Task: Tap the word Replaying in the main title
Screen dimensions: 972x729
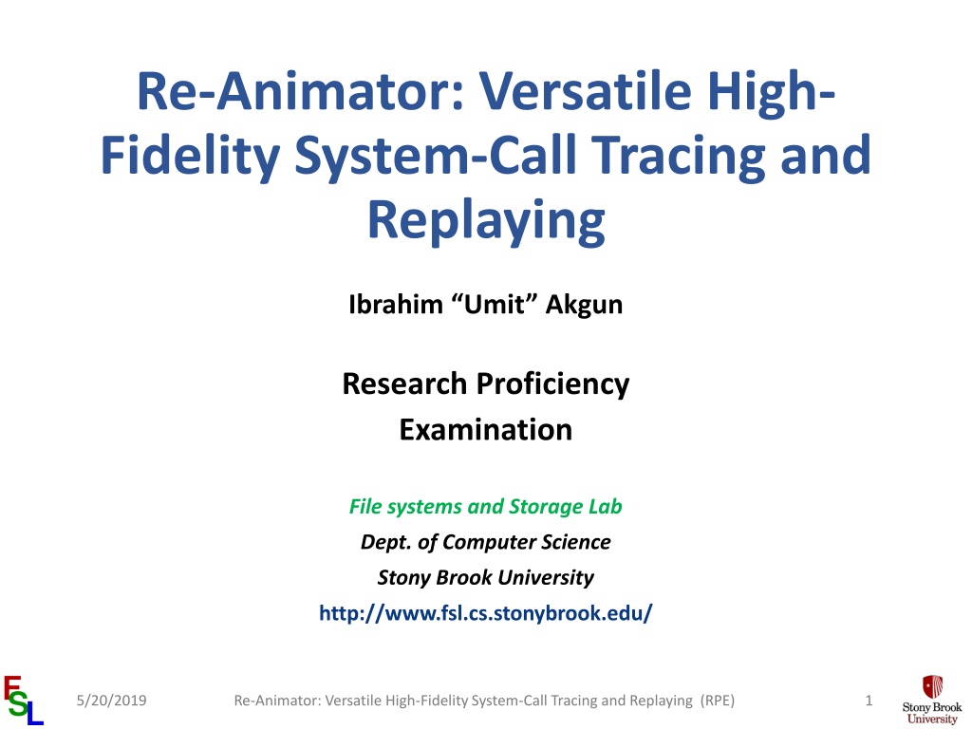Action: tap(486, 222)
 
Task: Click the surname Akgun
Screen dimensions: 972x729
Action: tap(584, 305)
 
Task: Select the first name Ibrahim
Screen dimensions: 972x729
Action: tap(396, 305)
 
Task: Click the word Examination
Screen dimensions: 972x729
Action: tap(486, 430)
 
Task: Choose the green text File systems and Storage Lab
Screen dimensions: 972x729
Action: tap(485, 507)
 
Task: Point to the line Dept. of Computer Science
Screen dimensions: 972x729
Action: tap(485, 542)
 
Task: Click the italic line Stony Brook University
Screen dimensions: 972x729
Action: tap(485, 577)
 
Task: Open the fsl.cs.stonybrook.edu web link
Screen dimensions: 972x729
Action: tap(485, 613)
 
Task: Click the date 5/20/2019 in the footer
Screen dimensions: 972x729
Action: tap(112, 701)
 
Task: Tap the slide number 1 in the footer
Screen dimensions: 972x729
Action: tap(869, 701)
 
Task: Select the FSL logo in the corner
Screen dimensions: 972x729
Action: tap(24, 701)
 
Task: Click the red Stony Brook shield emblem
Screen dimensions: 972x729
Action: tap(932, 687)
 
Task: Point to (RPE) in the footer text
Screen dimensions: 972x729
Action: tap(718, 701)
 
